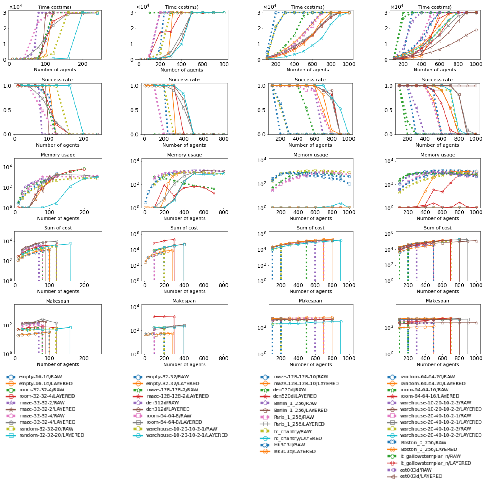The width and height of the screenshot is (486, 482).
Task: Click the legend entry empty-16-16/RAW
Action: coord(40,377)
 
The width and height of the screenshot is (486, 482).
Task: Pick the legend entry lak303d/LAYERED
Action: coord(294,451)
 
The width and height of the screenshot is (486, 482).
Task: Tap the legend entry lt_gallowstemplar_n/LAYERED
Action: coord(436,463)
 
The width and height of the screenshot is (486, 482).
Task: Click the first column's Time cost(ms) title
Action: coord(55,7)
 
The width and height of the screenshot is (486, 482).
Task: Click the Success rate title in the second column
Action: coord(184,80)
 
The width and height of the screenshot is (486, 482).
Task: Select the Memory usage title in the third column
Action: coord(310,155)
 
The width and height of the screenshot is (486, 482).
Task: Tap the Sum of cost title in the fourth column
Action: coord(437,228)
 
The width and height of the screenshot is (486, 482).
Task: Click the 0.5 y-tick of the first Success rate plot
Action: coord(7,110)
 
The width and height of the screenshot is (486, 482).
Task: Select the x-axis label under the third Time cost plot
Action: coord(307,70)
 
